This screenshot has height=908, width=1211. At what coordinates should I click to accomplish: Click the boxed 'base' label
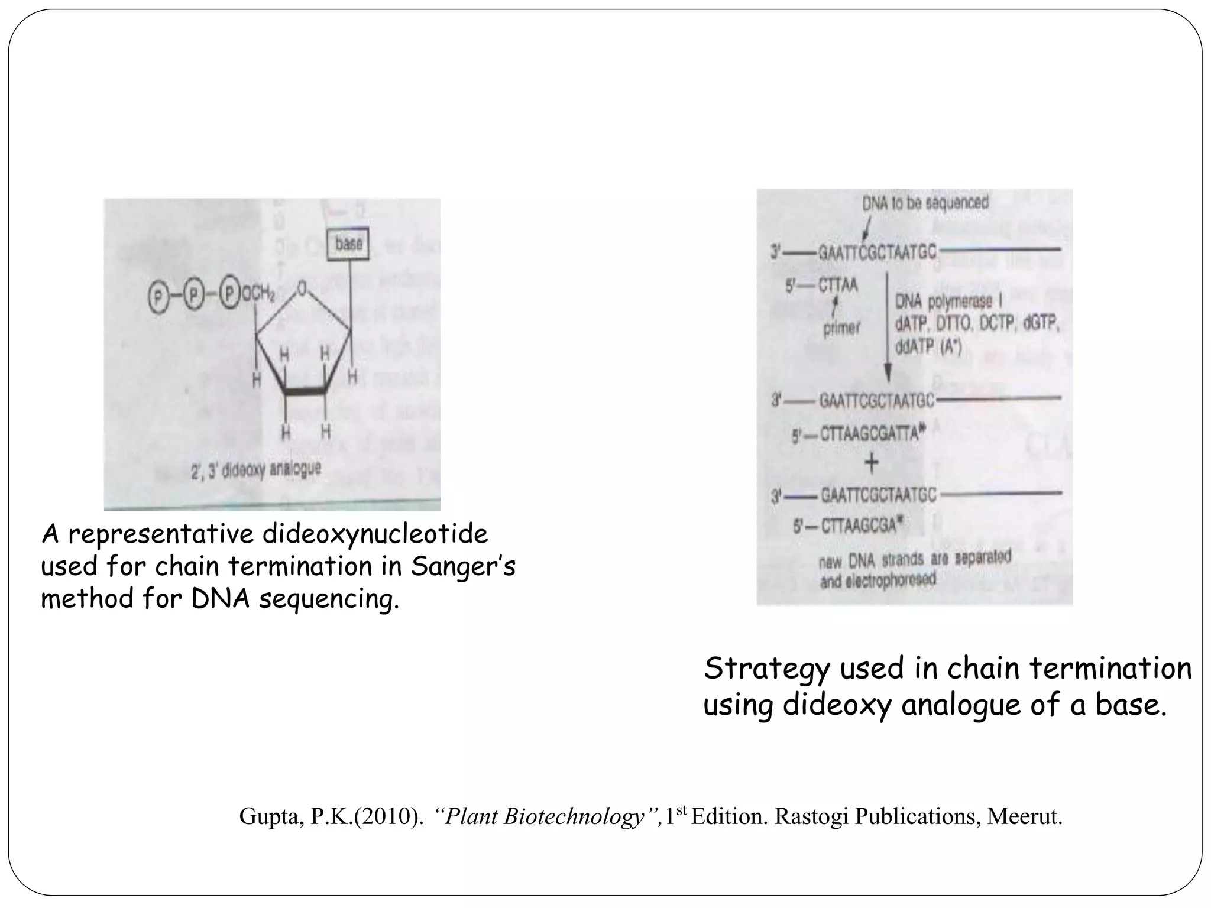pos(349,244)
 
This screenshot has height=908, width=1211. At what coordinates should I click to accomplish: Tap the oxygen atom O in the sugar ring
pos(303,288)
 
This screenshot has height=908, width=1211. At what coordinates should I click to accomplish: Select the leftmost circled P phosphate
pos(158,296)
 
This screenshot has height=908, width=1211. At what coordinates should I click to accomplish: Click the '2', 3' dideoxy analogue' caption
pos(256,471)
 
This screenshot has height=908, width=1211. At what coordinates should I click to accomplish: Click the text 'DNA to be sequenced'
pos(925,203)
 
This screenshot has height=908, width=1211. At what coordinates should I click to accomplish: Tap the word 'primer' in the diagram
pos(841,328)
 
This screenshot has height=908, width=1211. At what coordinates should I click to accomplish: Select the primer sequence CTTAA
pos(837,286)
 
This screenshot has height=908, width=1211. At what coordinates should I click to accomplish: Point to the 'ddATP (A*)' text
pos(928,347)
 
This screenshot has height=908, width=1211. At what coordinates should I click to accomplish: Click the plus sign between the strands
pos(872,463)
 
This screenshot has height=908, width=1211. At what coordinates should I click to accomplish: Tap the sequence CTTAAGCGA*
pos(860,525)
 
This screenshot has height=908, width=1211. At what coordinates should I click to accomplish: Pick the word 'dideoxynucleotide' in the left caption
pos(375,534)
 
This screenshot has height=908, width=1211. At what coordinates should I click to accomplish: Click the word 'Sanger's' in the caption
pos(463,566)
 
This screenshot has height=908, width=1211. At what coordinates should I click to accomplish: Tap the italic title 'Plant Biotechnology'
pos(543,816)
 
